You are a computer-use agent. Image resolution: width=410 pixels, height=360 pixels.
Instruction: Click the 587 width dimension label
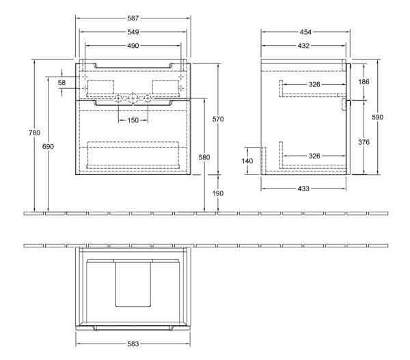tap(133, 18)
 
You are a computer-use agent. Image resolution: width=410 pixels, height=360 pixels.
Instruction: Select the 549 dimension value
tap(133, 32)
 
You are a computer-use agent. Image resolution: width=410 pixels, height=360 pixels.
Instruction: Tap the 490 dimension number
tap(133, 46)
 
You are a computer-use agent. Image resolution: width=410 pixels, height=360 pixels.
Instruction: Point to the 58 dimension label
tap(61, 83)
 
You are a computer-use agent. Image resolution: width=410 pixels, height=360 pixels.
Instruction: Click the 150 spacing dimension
tap(133, 120)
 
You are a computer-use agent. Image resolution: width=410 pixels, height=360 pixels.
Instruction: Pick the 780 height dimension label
tap(35, 133)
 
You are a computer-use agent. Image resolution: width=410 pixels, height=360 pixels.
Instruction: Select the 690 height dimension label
tap(48, 146)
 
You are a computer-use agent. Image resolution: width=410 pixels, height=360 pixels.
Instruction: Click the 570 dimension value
tap(218, 120)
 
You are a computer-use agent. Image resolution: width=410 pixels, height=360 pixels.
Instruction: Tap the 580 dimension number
tap(204, 157)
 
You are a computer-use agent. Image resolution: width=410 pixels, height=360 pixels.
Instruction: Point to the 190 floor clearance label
tap(218, 193)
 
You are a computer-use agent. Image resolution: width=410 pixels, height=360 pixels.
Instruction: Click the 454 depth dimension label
tap(305, 32)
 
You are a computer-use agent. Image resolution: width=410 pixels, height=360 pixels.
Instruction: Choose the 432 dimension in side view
tap(303, 46)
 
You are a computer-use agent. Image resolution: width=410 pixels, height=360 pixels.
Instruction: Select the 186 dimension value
tap(364, 82)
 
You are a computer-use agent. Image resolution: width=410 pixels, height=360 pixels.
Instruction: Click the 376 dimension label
tap(364, 142)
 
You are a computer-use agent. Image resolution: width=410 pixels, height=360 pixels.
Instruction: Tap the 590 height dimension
tap(378, 117)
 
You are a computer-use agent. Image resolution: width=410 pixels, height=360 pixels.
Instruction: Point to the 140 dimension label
tap(247, 161)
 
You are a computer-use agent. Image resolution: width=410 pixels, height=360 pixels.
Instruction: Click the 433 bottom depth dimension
tap(303, 189)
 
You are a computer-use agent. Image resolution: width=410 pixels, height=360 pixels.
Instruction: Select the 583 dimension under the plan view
tap(133, 344)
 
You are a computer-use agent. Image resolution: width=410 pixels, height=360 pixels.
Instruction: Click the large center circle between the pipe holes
tap(133, 98)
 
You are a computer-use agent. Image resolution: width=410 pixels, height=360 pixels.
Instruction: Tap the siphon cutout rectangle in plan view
tap(133, 284)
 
